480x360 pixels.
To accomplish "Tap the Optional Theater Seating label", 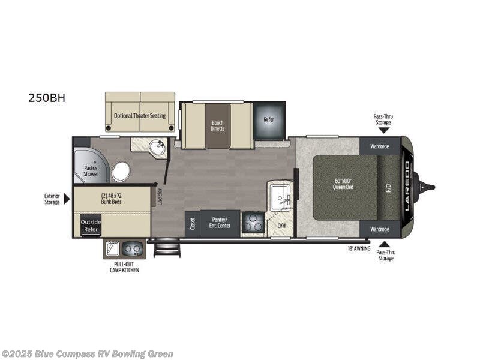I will click(140, 115).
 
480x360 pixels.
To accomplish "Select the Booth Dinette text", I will click(217, 126).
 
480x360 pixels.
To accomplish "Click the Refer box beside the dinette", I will click(269, 119).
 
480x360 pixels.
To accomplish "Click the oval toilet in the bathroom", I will click(121, 172).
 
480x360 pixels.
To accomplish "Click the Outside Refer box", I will click(91, 226).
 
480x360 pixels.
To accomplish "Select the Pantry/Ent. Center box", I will click(220, 223).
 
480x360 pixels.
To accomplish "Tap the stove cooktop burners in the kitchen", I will click(253, 224).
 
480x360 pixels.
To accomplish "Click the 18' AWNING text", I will click(358, 247).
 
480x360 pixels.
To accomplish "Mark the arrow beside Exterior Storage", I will click(67, 199).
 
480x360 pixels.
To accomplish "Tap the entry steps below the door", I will click(167, 248).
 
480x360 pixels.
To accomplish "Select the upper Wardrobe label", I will click(379, 145).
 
